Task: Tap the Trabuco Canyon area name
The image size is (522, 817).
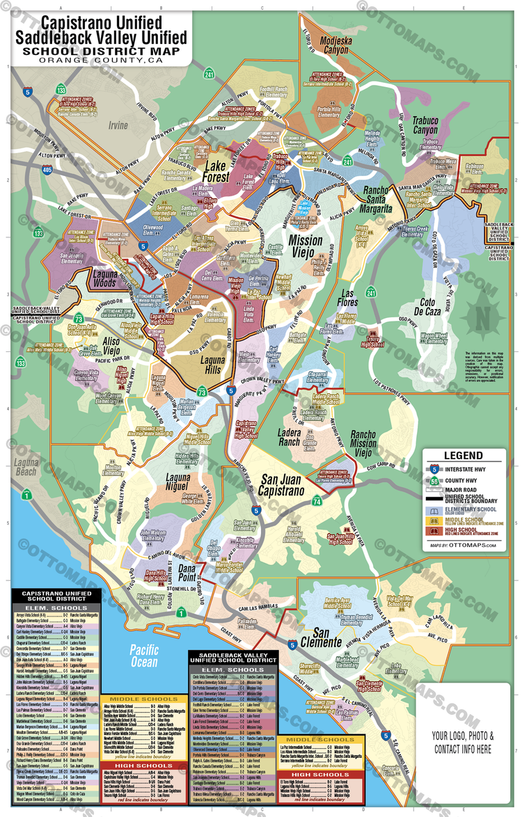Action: click(425, 125)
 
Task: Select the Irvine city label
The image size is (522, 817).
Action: click(118, 125)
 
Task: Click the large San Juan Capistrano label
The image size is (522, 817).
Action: click(292, 485)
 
